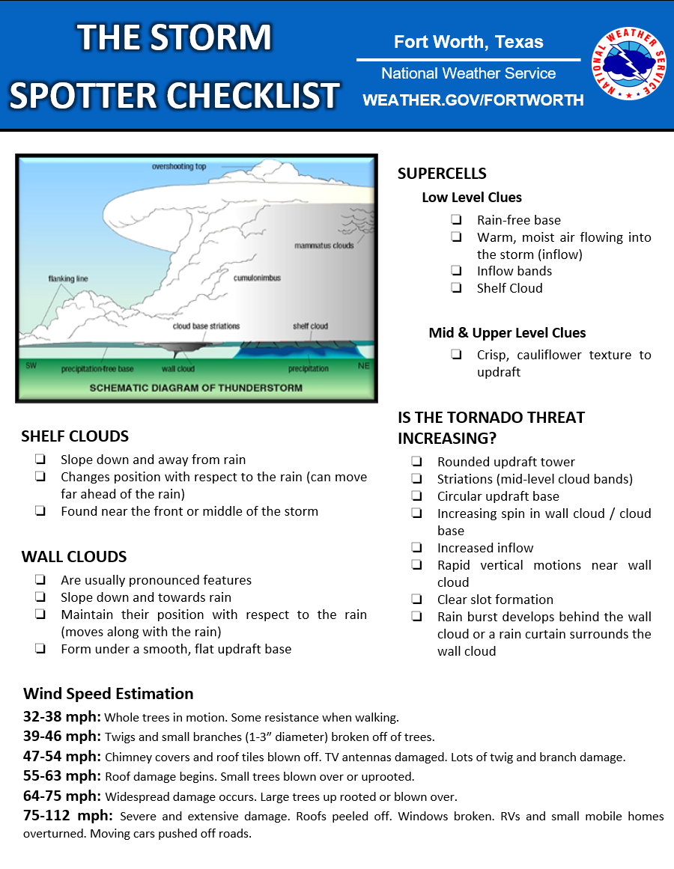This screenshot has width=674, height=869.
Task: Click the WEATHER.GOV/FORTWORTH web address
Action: coord(473,100)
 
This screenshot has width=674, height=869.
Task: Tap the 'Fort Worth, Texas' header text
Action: coord(469,42)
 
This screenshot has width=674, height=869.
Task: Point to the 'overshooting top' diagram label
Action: coord(179,166)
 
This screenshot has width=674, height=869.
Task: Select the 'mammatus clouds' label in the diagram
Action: coord(324,246)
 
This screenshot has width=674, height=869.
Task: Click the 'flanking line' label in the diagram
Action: coord(68,278)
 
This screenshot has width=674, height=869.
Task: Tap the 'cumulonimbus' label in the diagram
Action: coord(257,278)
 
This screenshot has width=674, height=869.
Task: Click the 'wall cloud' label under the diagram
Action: coord(178,369)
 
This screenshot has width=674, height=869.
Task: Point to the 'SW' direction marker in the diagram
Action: coord(31,365)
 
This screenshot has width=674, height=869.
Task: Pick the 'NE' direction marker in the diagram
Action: coord(364,367)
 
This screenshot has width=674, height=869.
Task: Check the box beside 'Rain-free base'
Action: coord(456,220)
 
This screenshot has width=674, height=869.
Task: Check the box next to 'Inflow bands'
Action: coord(456,271)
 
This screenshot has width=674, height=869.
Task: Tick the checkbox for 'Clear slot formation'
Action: coord(416,600)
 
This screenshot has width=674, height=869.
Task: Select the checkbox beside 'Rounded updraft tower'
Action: coord(416,462)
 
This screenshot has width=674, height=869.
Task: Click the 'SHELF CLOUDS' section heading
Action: coord(75,436)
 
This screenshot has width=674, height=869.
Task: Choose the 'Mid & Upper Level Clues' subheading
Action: coord(507,333)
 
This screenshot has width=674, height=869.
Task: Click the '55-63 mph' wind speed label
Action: coord(61,776)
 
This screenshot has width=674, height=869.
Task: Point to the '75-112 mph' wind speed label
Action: coord(67,816)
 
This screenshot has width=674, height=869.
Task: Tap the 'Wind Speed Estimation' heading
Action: coord(109,694)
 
